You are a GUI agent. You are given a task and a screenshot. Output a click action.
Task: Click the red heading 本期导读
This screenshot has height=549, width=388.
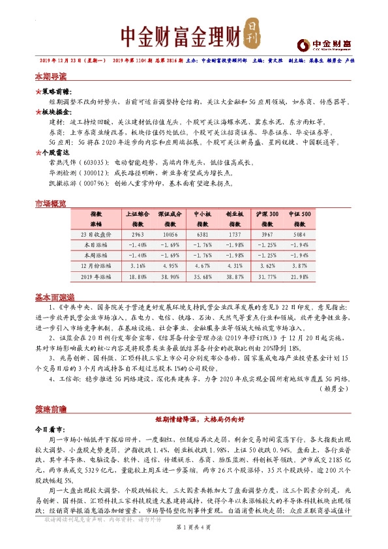coord(50,76)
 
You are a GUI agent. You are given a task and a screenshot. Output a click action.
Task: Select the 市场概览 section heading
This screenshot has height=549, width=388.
coord(50,204)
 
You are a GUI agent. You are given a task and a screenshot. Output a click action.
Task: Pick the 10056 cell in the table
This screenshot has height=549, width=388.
coord(170,234)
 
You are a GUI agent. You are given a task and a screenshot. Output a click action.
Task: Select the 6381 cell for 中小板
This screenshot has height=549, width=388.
coord(202,234)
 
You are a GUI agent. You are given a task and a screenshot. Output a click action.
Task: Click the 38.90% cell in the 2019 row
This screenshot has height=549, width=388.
coord(170,277)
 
